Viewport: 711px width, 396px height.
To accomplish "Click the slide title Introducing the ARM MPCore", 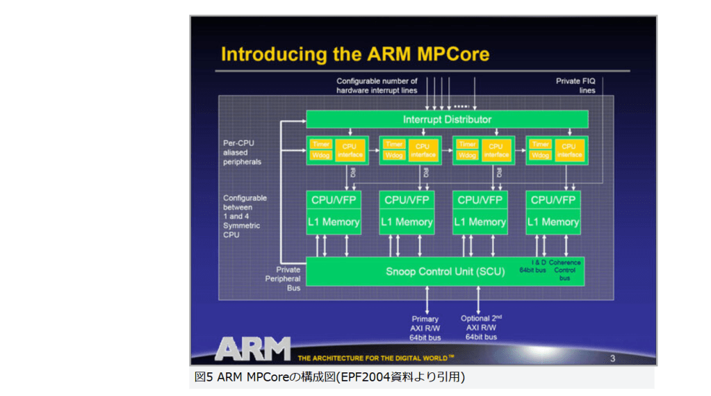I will click(355, 54).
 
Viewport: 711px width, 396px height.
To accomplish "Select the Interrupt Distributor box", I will click(447, 119).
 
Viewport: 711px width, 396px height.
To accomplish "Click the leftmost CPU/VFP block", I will click(334, 200).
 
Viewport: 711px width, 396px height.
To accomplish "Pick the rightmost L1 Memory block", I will click(553, 222).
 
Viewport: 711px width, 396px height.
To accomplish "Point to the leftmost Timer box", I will click(321, 145).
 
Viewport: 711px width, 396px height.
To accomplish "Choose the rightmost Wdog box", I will click(540, 155).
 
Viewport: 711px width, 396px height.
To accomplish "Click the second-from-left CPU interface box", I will click(423, 150).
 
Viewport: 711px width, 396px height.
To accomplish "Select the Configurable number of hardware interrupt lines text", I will click(377, 85).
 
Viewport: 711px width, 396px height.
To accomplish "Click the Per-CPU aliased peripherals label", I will click(242, 152).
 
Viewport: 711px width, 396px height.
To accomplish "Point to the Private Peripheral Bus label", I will click(289, 279).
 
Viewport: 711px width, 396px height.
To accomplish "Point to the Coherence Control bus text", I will click(564, 270).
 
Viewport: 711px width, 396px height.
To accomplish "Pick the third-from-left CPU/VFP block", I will click(480, 200).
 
